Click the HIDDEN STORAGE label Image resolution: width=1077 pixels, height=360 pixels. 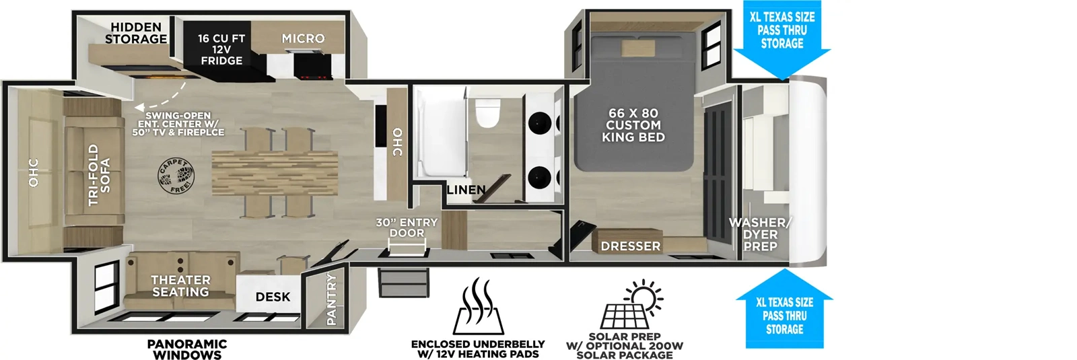click(136, 33)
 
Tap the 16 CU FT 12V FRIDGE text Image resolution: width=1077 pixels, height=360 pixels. click(221, 50)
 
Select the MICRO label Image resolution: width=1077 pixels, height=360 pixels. click(303, 39)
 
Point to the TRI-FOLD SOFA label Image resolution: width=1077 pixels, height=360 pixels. click(99, 174)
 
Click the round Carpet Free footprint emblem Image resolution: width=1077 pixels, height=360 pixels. click(176, 176)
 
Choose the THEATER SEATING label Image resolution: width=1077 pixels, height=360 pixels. click(180, 285)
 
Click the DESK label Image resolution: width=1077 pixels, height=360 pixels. click(273, 297)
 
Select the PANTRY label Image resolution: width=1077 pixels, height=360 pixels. click(331, 299)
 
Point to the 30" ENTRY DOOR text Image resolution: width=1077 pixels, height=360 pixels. click(407, 227)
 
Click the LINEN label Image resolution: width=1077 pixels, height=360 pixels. click(466, 190)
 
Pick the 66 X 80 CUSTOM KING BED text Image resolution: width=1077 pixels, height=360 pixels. click(633, 125)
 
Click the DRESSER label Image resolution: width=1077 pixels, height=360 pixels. click(631, 246)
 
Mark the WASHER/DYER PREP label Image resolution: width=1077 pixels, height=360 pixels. click(759, 234)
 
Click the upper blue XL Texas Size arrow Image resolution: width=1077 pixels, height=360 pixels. click(781, 40)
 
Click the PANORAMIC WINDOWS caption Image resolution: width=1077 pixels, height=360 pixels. click(187, 349)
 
